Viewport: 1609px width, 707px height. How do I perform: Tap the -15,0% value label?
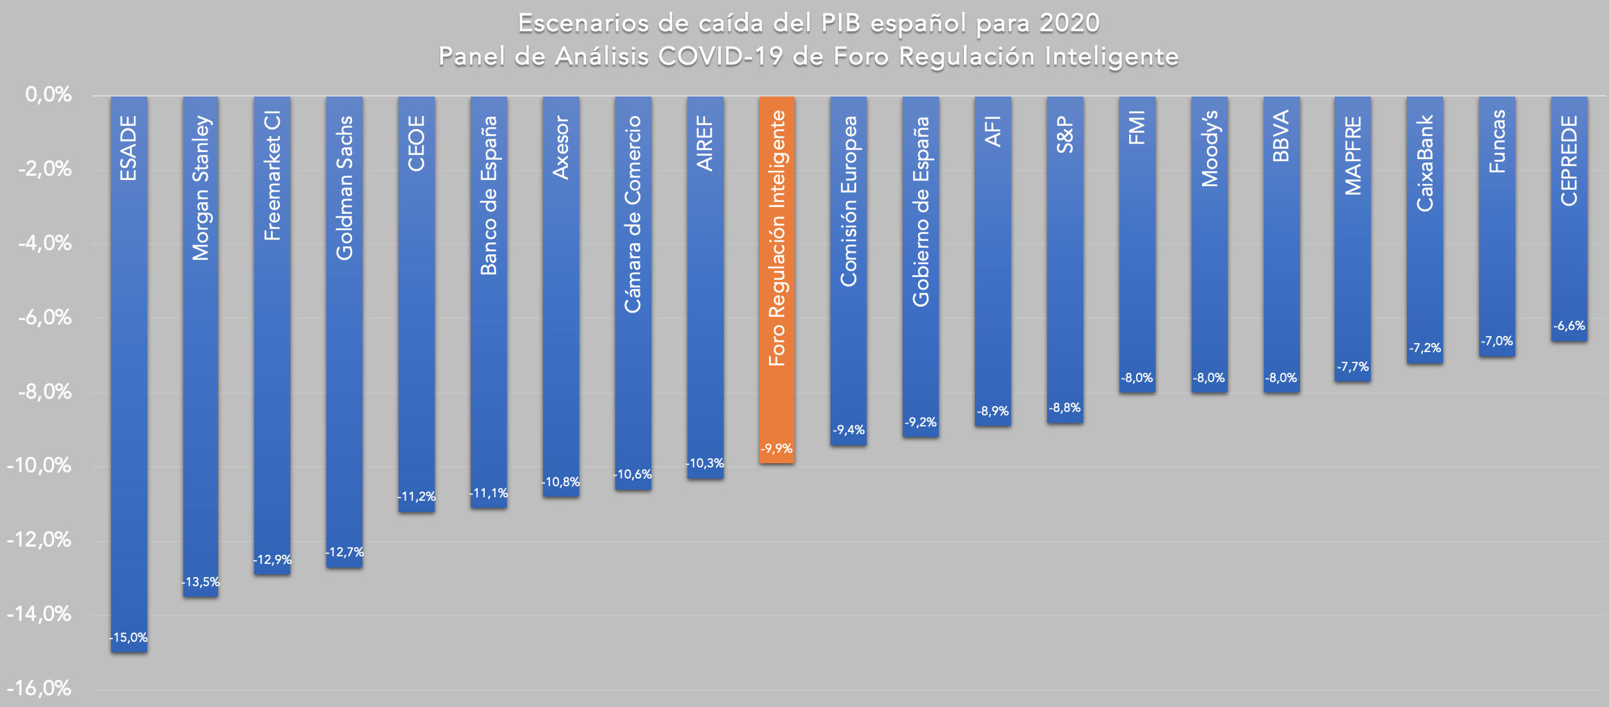pyautogui.click(x=129, y=638)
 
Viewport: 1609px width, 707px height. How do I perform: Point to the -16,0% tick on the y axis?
pyautogui.click(x=40, y=688)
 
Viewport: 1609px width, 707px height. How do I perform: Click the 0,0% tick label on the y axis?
pyautogui.click(x=49, y=94)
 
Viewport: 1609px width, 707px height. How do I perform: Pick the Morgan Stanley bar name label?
pyautogui.click(x=201, y=188)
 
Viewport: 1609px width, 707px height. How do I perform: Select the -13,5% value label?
pyautogui.click(x=201, y=582)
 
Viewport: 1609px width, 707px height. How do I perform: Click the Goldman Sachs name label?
pyautogui.click(x=344, y=188)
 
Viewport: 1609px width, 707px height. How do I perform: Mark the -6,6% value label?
pyautogui.click(x=1569, y=326)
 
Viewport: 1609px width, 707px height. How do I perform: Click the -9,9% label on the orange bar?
pyautogui.click(x=776, y=449)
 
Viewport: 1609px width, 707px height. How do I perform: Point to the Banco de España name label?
pyautogui.click(x=489, y=195)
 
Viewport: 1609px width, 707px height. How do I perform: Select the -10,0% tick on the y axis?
pyautogui.click(x=40, y=465)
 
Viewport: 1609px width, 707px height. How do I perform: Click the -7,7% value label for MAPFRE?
pyautogui.click(x=1353, y=367)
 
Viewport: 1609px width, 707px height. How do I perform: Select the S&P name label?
pyautogui.click(x=1065, y=135)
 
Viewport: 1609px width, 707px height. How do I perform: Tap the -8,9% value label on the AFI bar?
pyautogui.click(x=993, y=411)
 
